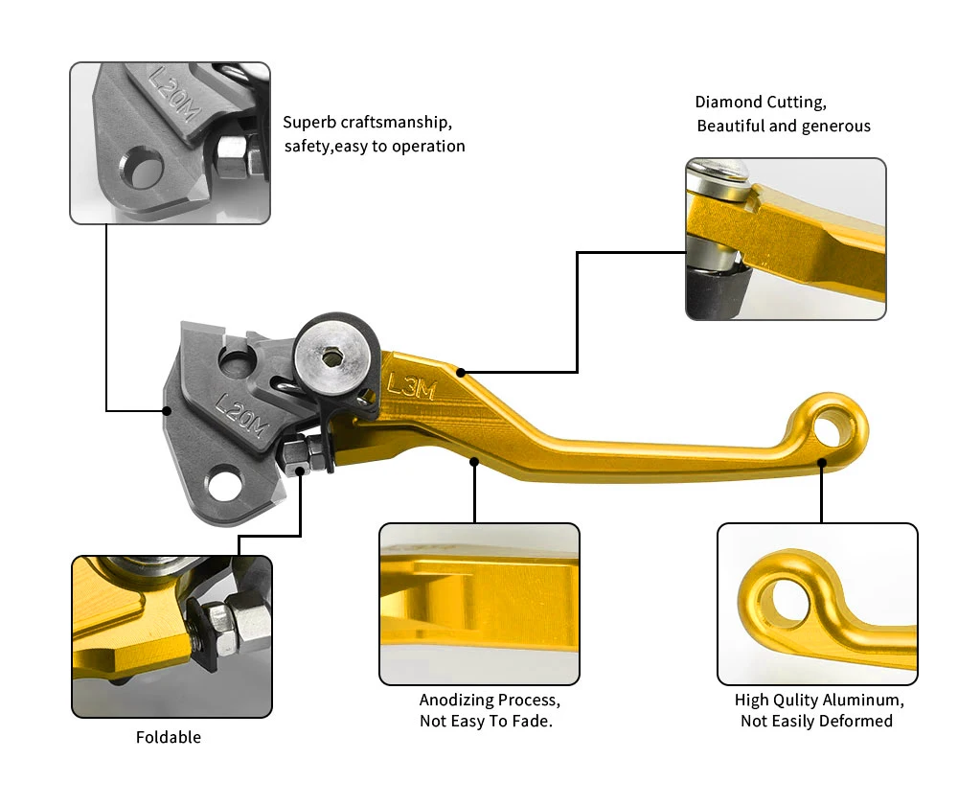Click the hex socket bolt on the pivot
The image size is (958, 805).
(331, 358)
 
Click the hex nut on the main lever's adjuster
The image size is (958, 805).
(295, 454)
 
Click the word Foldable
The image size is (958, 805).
(169, 737)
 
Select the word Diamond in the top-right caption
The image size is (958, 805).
(729, 102)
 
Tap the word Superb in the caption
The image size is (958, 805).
(309, 123)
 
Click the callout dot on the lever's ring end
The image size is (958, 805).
(822, 462)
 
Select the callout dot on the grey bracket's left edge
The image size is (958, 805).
(167, 410)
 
